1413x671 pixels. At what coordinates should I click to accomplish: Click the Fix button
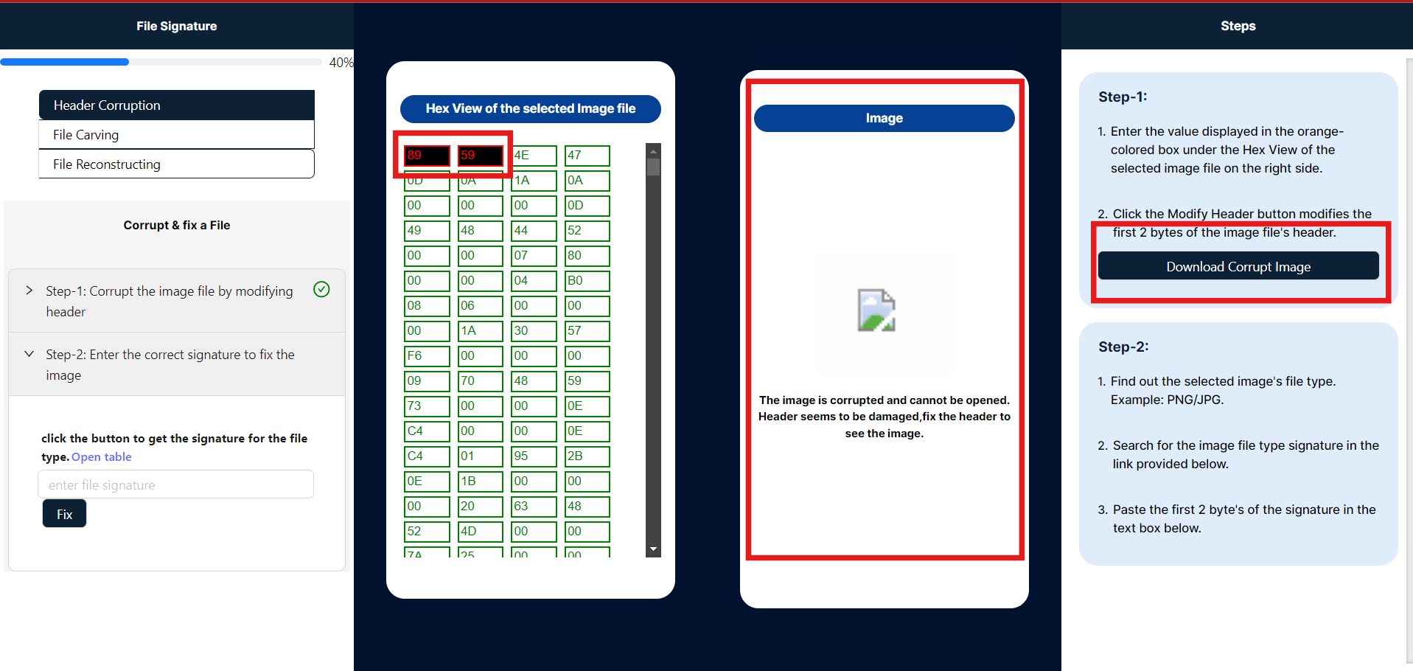pyautogui.click(x=64, y=513)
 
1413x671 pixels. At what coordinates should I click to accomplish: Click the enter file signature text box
pyautogui.click(x=175, y=484)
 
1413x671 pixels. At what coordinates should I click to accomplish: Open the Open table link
pyautogui.click(x=102, y=456)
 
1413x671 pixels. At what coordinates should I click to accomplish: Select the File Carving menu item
pyautogui.click(x=176, y=135)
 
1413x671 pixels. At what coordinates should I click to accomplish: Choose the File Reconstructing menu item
pyautogui.click(x=176, y=164)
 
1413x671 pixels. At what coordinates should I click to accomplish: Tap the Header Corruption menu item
pyautogui.click(x=176, y=105)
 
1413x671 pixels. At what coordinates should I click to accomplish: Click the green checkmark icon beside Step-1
pyautogui.click(x=321, y=289)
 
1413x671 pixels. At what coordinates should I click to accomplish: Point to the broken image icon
pyautogui.click(x=876, y=310)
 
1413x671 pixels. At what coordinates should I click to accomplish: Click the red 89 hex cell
pyautogui.click(x=427, y=156)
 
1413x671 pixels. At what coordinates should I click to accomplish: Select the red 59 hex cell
pyautogui.click(x=481, y=156)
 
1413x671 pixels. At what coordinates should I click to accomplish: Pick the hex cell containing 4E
pyautogui.click(x=534, y=156)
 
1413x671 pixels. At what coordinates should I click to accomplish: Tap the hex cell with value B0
pyautogui.click(x=587, y=281)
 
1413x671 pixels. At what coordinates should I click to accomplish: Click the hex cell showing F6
pyautogui.click(x=427, y=356)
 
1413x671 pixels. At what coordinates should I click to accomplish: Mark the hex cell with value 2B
pyautogui.click(x=587, y=456)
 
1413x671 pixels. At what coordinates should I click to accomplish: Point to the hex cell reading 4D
pyautogui.click(x=481, y=532)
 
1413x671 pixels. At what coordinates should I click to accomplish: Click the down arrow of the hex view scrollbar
pyautogui.click(x=653, y=549)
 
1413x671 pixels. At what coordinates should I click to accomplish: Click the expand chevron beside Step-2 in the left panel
pyautogui.click(x=29, y=354)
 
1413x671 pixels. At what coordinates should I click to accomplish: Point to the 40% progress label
pyautogui.click(x=341, y=63)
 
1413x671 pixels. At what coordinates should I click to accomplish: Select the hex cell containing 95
pyautogui.click(x=534, y=456)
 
